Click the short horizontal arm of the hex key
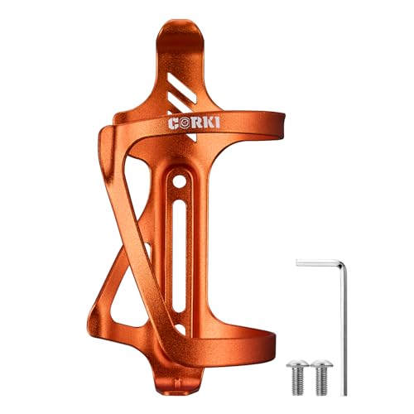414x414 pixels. tap(319, 262)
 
